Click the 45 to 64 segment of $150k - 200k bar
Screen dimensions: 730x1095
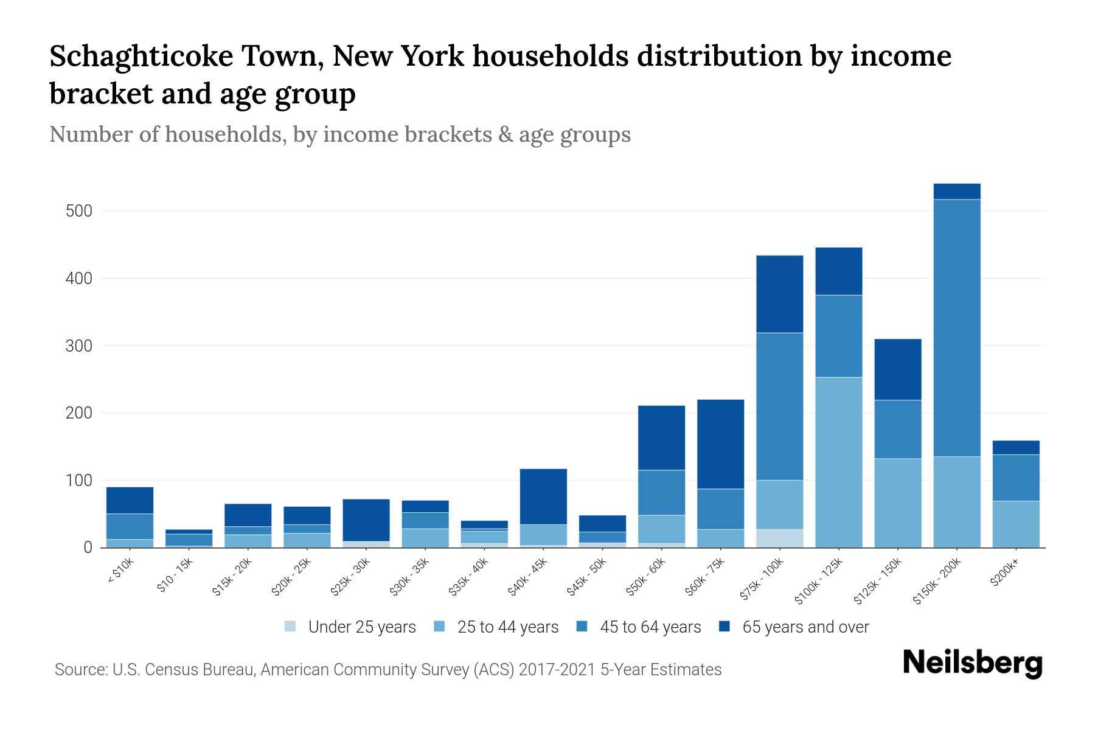click(957, 328)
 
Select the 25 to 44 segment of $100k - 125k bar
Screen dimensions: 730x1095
click(839, 462)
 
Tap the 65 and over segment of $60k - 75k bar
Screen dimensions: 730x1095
click(720, 444)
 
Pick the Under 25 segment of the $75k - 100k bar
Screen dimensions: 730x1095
click(780, 538)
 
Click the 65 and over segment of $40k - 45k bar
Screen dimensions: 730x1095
click(543, 496)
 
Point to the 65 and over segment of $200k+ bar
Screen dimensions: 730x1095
click(1016, 448)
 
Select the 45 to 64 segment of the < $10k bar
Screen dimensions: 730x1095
click(130, 527)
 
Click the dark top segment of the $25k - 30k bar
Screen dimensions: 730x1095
click(366, 520)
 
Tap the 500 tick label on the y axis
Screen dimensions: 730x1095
click(79, 211)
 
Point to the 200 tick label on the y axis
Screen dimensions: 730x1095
click(79, 413)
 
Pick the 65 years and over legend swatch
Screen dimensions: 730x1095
click(725, 627)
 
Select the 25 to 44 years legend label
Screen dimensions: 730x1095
click(507, 627)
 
